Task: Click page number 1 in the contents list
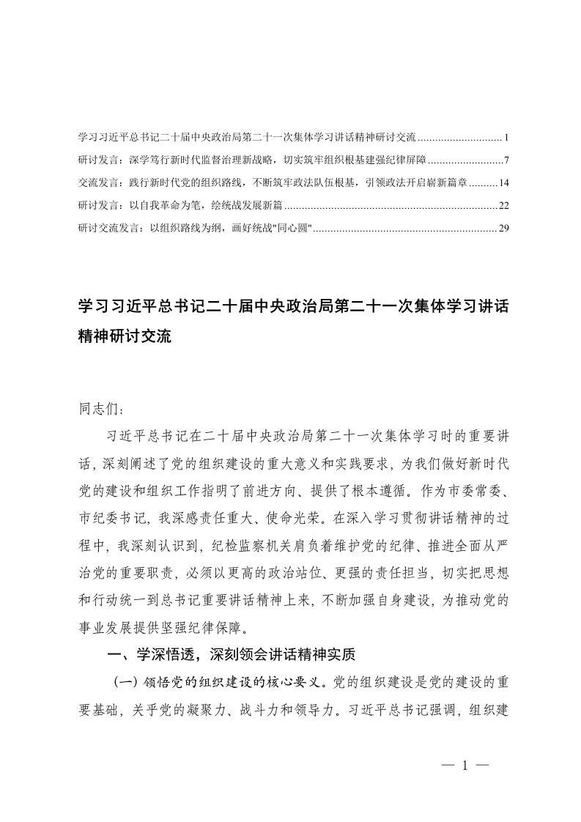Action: pos(506,137)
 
